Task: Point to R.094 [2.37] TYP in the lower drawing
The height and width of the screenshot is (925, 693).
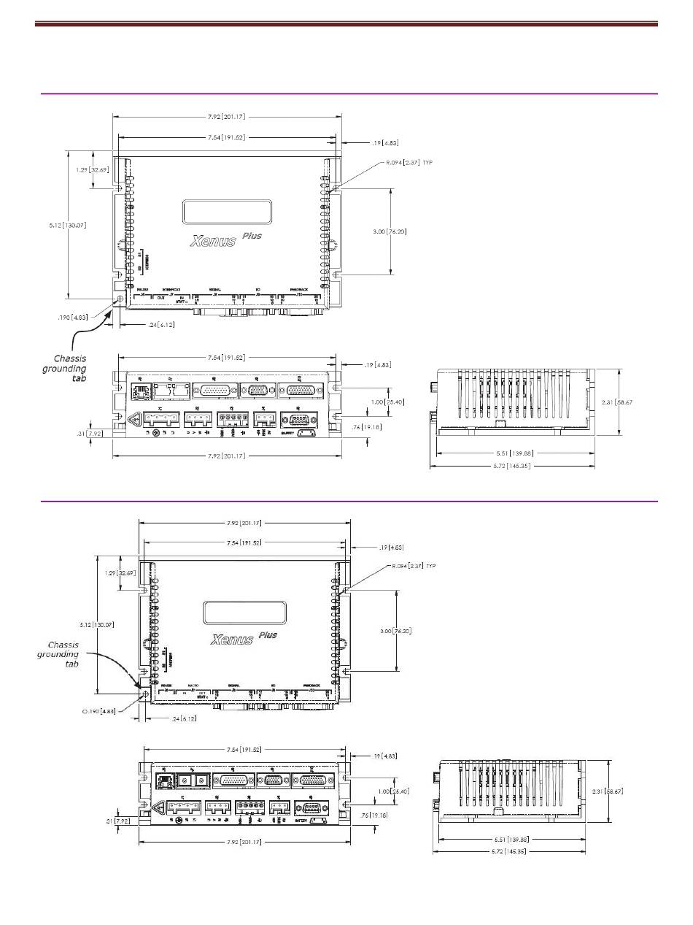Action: tap(413, 566)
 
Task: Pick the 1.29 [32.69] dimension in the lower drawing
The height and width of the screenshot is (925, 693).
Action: tap(120, 573)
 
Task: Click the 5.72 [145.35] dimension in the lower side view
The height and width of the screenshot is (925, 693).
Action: tap(508, 851)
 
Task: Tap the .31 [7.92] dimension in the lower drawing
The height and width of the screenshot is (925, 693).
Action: tap(117, 822)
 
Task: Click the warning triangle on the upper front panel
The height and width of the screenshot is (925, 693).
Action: tap(134, 420)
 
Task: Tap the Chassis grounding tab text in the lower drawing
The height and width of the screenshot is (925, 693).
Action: tap(58, 654)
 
